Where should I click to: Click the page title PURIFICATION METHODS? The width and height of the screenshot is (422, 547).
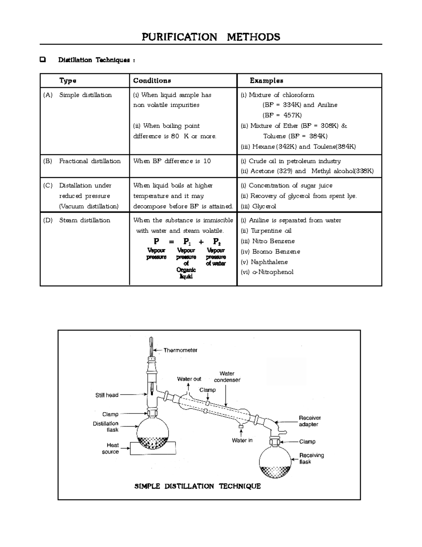[211, 37]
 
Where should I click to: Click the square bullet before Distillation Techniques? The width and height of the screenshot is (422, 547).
[43, 60]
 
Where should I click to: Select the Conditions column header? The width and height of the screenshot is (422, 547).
[152, 81]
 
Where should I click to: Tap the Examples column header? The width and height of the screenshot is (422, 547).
[266, 81]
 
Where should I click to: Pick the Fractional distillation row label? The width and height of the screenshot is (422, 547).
[90, 161]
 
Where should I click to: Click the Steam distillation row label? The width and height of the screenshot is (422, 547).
[84, 220]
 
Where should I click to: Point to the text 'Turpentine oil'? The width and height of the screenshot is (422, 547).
[271, 231]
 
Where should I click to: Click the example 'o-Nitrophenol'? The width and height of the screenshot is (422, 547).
[273, 272]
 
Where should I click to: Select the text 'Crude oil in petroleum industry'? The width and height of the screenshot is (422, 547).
[295, 161]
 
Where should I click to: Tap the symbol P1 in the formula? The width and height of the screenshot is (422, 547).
[187, 242]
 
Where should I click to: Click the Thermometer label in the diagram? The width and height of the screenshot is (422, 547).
[180, 350]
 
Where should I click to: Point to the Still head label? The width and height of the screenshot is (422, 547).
[107, 395]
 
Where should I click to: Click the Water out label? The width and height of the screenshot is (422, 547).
[189, 379]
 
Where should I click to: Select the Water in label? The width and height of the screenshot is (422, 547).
[242, 440]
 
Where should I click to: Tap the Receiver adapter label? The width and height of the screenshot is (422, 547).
[309, 421]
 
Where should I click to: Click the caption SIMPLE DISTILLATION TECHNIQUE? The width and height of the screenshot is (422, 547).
[197, 486]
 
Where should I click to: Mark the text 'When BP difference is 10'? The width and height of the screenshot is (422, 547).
[172, 161]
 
